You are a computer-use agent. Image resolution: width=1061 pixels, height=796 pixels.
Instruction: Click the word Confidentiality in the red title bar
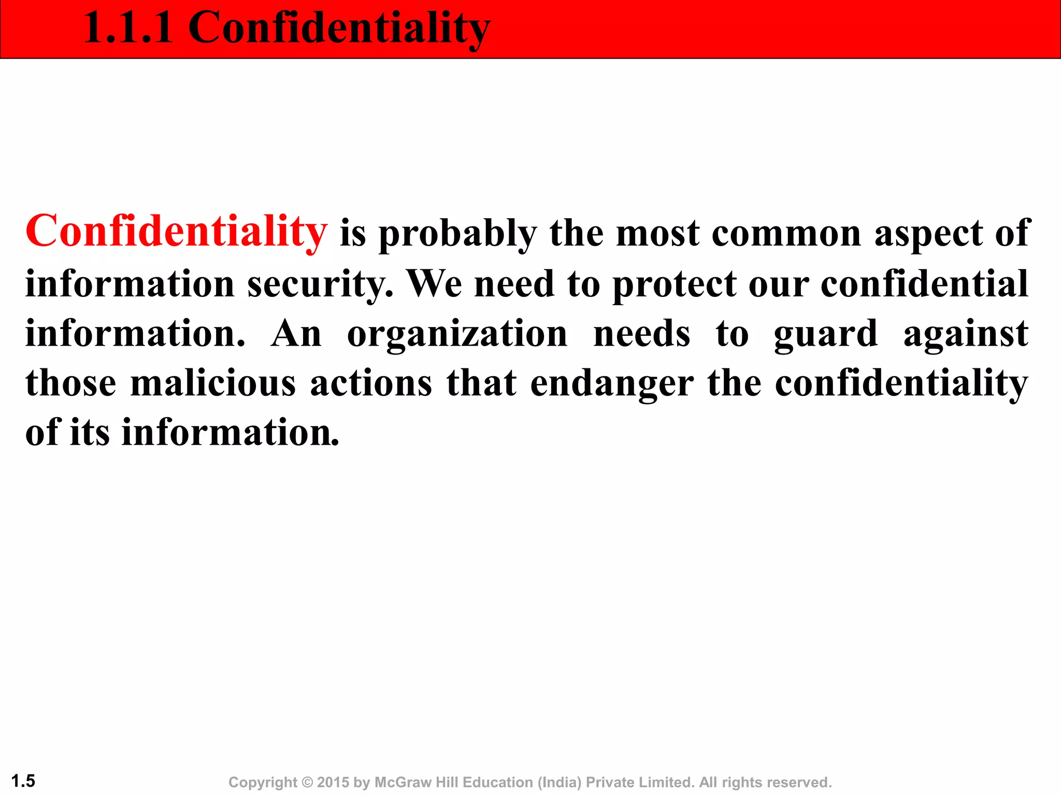(339, 29)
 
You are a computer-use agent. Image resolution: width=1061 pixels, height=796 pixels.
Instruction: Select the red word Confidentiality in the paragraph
(176, 232)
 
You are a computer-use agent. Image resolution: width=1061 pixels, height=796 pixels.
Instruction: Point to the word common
(786, 234)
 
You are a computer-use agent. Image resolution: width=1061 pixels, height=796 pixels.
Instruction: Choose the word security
(320, 285)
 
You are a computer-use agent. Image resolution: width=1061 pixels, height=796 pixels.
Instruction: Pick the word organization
(457, 335)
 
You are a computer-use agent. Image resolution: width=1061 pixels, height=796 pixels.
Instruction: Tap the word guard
(826, 335)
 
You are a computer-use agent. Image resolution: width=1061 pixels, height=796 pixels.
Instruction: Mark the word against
(966, 334)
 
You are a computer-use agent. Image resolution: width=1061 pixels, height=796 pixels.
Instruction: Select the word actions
(371, 383)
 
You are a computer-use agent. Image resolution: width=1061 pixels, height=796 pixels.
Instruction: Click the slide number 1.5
(23, 780)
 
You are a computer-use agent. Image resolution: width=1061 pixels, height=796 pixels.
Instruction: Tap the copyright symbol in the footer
(307, 782)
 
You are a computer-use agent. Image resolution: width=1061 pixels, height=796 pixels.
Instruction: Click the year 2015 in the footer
(333, 782)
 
